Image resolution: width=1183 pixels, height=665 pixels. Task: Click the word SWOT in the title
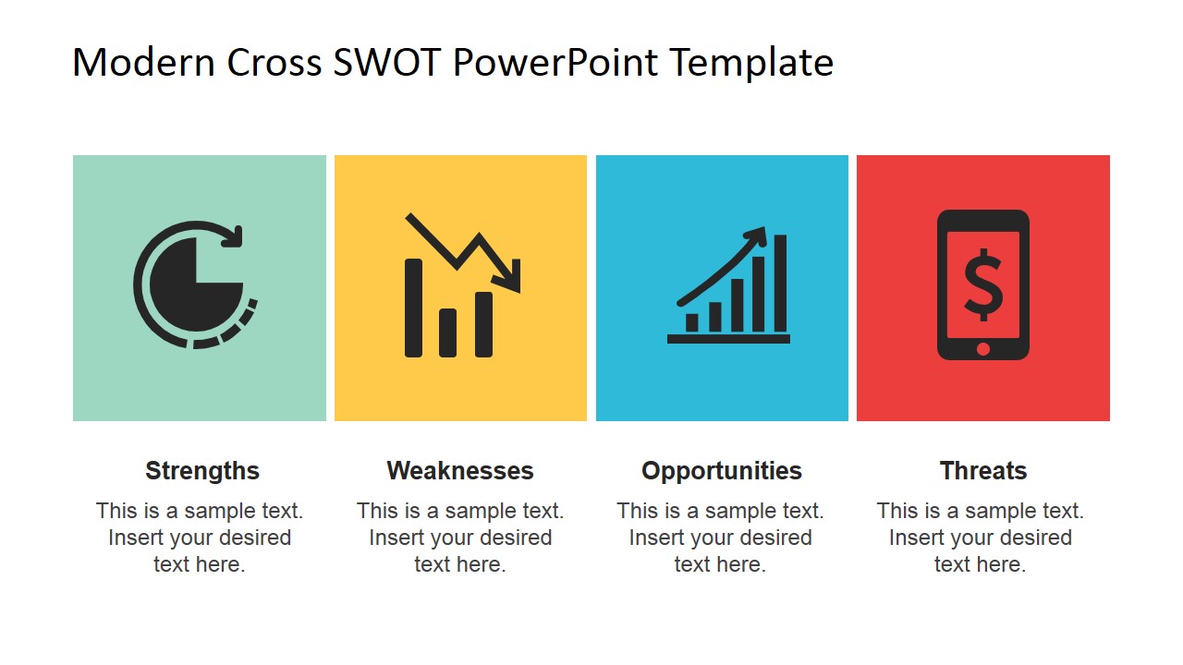click(x=387, y=62)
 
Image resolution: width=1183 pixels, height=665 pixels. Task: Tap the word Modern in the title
click(x=143, y=62)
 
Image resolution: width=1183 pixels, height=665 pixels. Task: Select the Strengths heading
click(x=202, y=471)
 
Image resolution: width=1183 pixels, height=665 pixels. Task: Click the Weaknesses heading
click(x=460, y=470)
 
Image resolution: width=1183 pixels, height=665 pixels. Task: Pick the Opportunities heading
click(x=722, y=471)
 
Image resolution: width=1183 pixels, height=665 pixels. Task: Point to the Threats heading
click(x=982, y=470)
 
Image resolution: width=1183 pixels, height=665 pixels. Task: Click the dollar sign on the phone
click(x=982, y=285)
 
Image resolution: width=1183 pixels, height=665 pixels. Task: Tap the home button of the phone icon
click(x=982, y=348)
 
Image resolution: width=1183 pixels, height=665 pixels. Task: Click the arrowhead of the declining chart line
click(x=509, y=276)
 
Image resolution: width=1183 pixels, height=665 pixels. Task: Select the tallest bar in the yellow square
click(x=413, y=308)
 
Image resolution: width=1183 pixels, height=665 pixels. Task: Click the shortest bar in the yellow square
click(x=448, y=332)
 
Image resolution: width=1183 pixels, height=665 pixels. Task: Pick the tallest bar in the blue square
click(x=780, y=283)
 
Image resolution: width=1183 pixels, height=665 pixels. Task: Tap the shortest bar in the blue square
click(x=691, y=322)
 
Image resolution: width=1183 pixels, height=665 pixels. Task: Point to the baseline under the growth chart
click(x=728, y=339)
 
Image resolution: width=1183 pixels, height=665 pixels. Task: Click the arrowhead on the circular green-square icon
click(x=232, y=236)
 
